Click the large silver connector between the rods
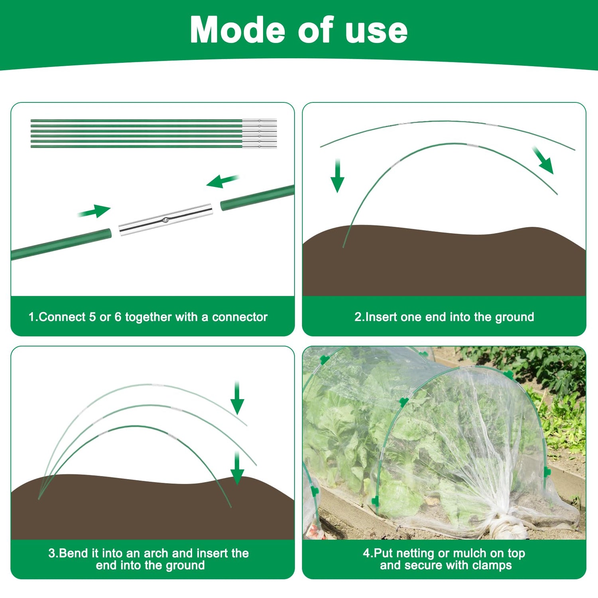click(165, 219)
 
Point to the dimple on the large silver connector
click(165, 220)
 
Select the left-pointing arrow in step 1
click(223, 181)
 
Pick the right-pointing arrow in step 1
click(94, 211)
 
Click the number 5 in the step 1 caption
click(92, 317)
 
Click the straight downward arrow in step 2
click(338, 175)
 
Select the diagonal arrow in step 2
click(543, 160)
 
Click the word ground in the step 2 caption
click(515, 318)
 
